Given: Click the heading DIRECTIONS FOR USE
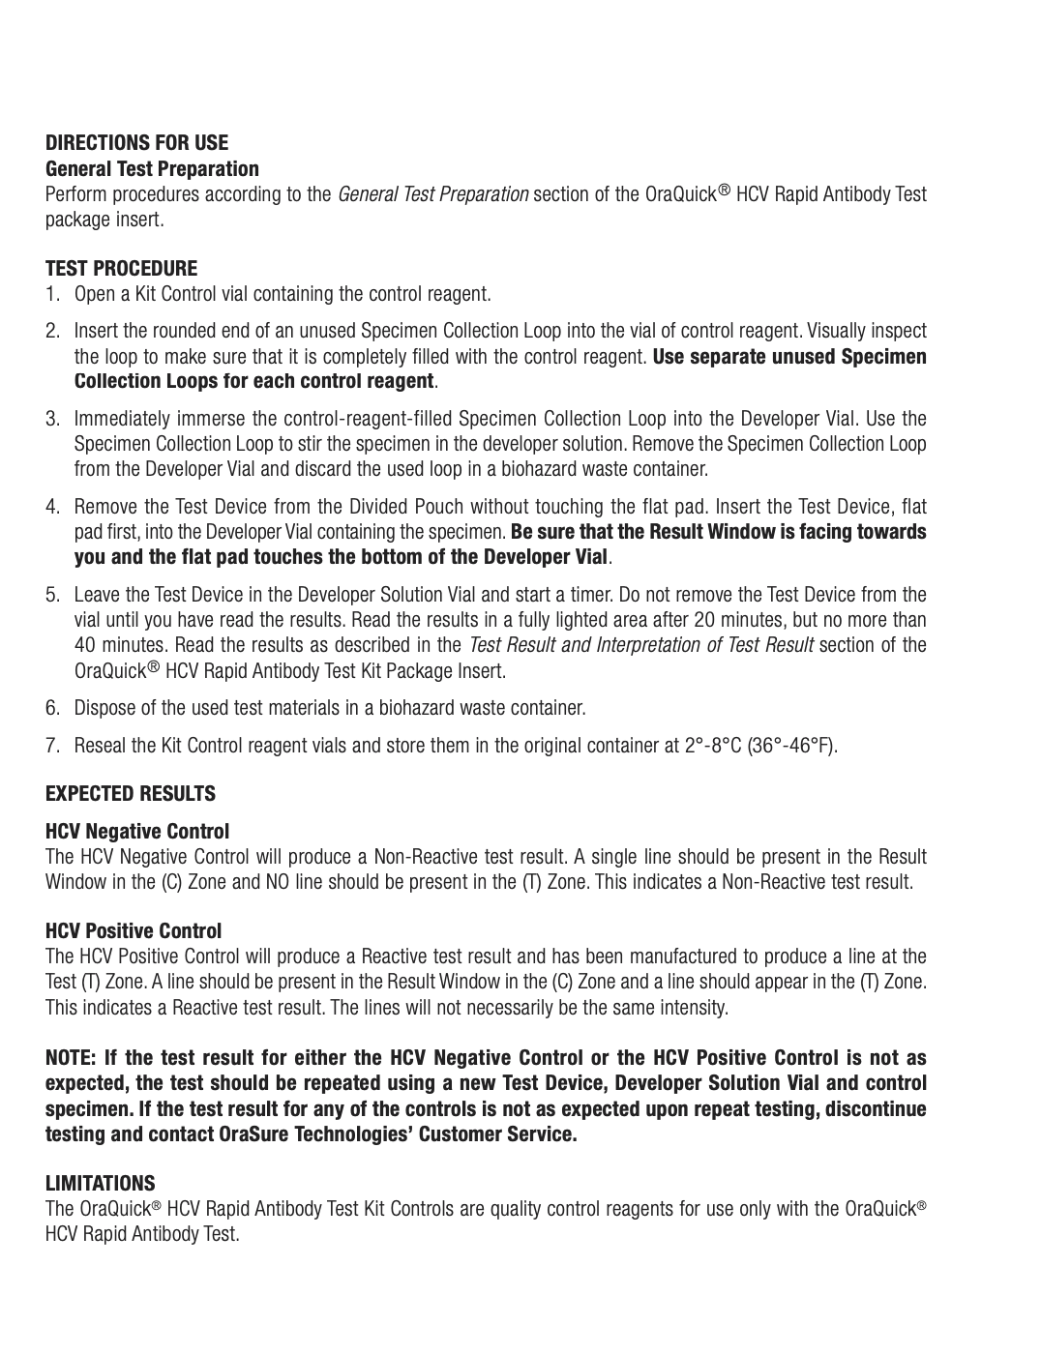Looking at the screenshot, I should (137, 143).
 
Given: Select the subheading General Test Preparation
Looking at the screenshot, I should (152, 169).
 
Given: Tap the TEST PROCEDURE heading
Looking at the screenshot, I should (121, 269).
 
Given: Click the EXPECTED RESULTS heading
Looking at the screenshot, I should (131, 794).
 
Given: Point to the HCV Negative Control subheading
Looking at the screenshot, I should (137, 832).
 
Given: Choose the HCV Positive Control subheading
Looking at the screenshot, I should (134, 931).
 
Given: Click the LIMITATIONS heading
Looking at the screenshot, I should (101, 1184).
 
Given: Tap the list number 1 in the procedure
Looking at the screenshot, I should (52, 294).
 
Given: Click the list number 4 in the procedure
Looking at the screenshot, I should (52, 507).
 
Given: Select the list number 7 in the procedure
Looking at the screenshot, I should (52, 747).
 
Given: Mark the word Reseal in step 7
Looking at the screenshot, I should (100, 747).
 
